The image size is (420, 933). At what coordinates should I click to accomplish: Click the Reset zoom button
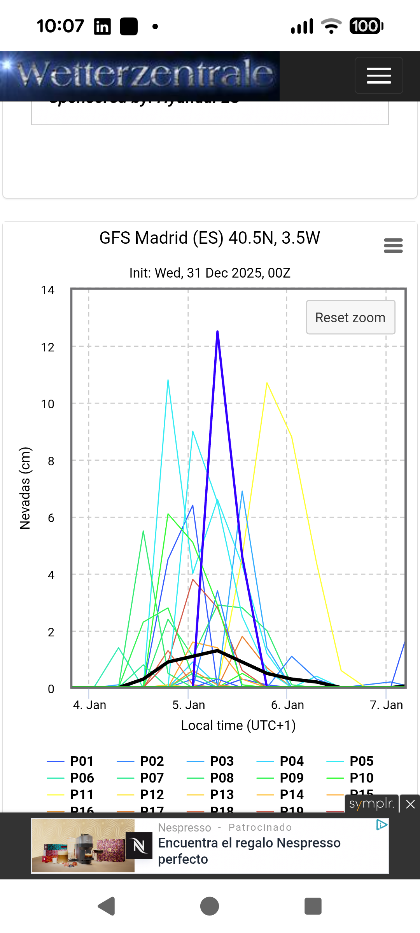[x=350, y=317]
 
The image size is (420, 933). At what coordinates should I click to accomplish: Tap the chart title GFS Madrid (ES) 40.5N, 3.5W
[x=210, y=238]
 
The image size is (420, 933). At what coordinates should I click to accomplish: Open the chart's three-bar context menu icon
[x=393, y=246]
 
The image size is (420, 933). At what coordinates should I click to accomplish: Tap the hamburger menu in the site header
[x=379, y=75]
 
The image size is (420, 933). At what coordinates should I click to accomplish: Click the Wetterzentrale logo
[x=144, y=75]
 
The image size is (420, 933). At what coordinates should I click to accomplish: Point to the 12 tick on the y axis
[x=48, y=347]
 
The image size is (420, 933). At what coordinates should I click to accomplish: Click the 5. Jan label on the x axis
[x=189, y=705]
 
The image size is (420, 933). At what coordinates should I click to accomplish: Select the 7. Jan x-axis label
[x=386, y=705]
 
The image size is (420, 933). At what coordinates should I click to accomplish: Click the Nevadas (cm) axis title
[x=25, y=488]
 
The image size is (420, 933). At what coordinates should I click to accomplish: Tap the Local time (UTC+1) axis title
[x=238, y=725]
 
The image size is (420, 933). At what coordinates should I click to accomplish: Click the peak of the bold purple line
[x=217, y=332]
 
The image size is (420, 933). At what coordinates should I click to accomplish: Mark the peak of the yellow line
[x=267, y=383]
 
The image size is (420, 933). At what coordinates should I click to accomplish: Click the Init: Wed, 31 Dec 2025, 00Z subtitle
[x=210, y=273]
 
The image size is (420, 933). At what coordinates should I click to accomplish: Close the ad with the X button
[x=410, y=804]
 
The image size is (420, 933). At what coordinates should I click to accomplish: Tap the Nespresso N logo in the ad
[x=139, y=846]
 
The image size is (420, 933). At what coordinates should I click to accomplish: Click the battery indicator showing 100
[x=366, y=26]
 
